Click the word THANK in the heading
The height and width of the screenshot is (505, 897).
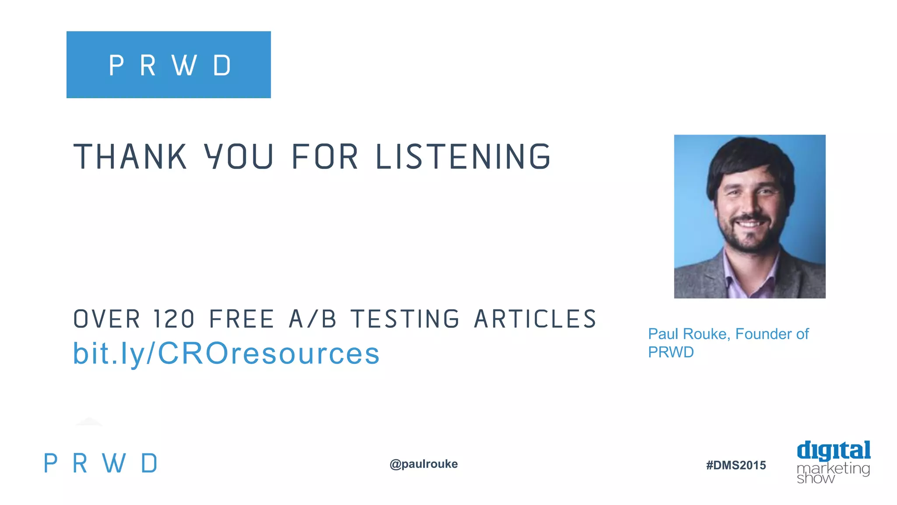130,156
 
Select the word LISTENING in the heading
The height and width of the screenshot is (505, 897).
463,156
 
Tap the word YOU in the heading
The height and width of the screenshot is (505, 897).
239,156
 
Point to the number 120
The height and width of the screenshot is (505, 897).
174,319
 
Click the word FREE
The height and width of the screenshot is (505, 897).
242,319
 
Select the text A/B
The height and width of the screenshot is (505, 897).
313,319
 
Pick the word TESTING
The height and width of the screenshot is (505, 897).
405,319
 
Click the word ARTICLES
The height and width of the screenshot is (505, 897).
535,319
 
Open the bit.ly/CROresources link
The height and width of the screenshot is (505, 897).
226,353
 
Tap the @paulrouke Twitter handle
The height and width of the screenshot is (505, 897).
424,464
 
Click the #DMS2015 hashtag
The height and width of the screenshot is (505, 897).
736,465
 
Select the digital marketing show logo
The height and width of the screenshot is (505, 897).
833,462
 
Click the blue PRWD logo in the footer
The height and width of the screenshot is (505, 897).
100,463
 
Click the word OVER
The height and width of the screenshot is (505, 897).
106,319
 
